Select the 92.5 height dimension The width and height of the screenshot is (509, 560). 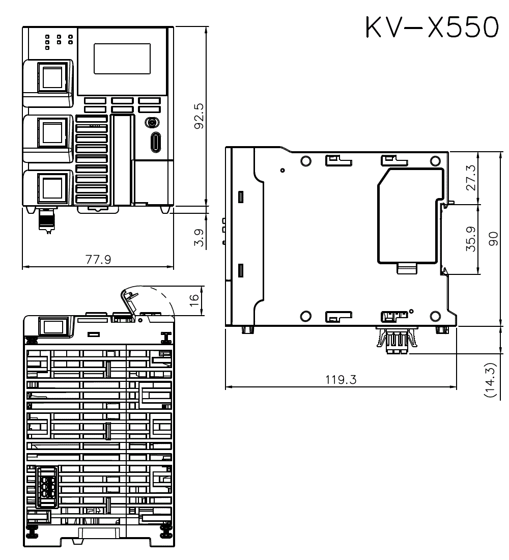click(x=199, y=116)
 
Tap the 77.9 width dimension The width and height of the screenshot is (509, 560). click(x=98, y=260)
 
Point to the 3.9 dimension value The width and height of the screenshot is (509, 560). click(x=199, y=238)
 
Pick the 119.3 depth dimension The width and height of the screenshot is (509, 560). click(x=341, y=380)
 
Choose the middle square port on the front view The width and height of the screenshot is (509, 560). click(x=51, y=132)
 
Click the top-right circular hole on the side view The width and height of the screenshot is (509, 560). click(x=435, y=161)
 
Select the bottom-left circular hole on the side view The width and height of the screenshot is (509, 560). click(x=305, y=316)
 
